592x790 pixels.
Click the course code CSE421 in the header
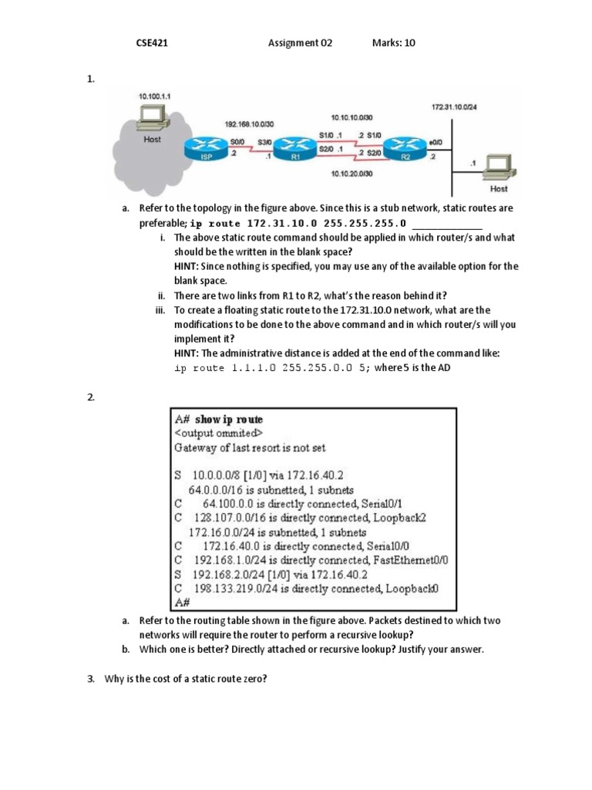(152, 43)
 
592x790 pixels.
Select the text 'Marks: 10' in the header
(393, 43)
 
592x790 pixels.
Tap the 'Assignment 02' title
(300, 43)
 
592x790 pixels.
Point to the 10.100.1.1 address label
(154, 96)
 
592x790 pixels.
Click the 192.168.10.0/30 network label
(249, 123)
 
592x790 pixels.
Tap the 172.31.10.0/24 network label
(454, 106)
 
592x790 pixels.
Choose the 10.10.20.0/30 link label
(351, 174)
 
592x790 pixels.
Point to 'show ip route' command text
(229, 420)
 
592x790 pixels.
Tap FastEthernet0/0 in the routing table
(411, 560)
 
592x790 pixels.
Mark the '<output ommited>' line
(218, 433)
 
